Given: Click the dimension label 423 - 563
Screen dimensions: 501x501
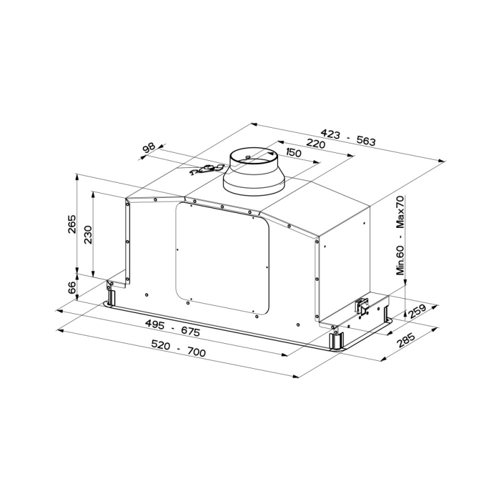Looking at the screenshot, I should (348, 137).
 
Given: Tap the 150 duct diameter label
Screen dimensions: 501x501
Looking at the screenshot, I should (293, 153).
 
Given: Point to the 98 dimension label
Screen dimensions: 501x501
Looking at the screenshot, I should (149, 148).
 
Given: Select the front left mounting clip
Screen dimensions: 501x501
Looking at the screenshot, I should (111, 295).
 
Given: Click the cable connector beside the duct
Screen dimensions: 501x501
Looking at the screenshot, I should (210, 168).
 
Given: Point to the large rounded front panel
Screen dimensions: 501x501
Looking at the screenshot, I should (222, 257).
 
